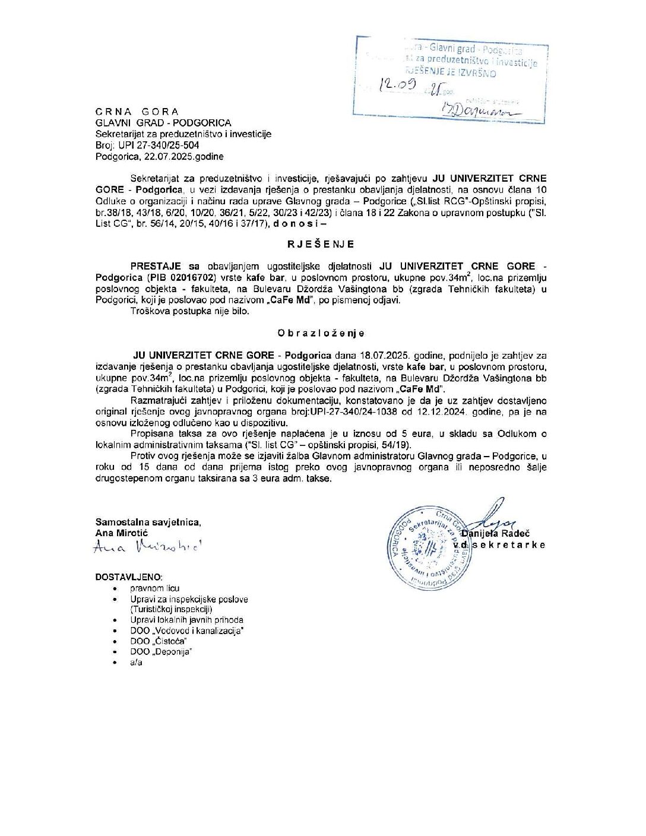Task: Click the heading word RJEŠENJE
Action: tap(321, 244)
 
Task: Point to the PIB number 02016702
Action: tap(186, 277)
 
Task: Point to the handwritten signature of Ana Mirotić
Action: tap(148, 547)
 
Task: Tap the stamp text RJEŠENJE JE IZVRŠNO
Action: tap(450, 73)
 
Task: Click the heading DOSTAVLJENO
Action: tap(128, 577)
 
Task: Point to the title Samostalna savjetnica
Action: tap(148, 522)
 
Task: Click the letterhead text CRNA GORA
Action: tap(137, 112)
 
